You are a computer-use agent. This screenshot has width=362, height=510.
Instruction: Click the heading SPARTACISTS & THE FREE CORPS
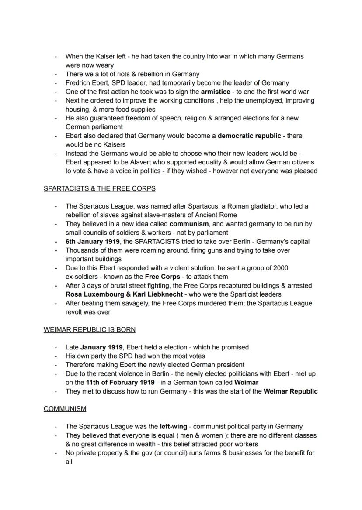point(99,188)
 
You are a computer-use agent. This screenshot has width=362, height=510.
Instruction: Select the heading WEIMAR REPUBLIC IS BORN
point(90,330)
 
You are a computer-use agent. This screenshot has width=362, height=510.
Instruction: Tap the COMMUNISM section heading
point(65,409)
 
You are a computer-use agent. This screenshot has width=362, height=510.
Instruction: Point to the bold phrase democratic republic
point(249,136)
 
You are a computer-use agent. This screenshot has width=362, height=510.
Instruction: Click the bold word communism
point(189,224)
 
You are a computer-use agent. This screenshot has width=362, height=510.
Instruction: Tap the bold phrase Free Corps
point(162,277)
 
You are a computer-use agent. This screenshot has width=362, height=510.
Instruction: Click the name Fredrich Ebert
point(85,83)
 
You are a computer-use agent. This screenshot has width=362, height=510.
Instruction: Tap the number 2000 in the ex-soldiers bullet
point(279,268)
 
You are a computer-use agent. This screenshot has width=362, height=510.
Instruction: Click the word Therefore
point(81,365)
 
